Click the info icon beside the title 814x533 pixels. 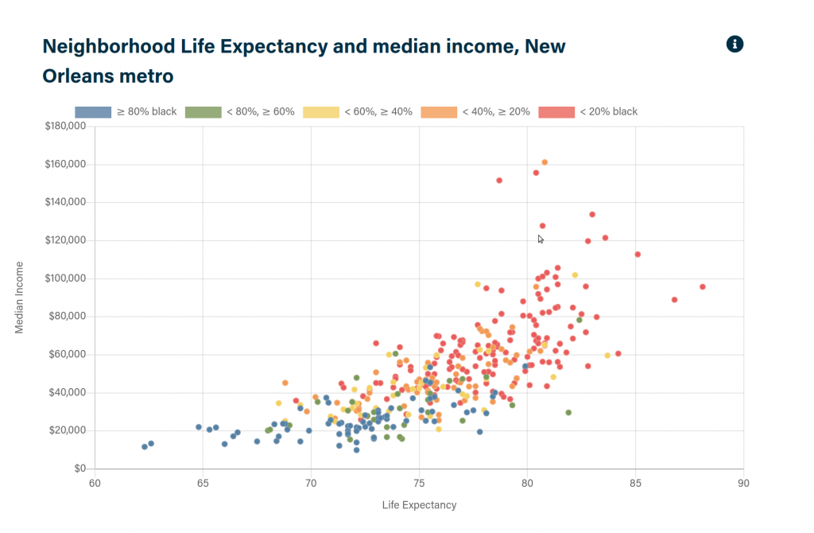point(735,45)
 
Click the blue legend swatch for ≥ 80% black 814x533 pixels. point(93,112)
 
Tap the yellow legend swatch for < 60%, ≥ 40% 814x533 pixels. point(321,112)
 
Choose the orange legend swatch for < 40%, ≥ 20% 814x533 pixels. point(439,112)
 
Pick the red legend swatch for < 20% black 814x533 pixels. point(556,112)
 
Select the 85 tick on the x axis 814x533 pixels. point(635,483)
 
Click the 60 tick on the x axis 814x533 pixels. point(95,483)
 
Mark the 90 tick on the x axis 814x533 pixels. point(743,483)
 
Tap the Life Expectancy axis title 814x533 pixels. point(419,505)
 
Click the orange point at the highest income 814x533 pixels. point(545,162)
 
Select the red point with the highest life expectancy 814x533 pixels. point(703,286)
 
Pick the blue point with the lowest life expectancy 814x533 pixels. point(145,446)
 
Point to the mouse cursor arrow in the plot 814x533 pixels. point(541,239)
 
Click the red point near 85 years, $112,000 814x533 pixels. point(638,255)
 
